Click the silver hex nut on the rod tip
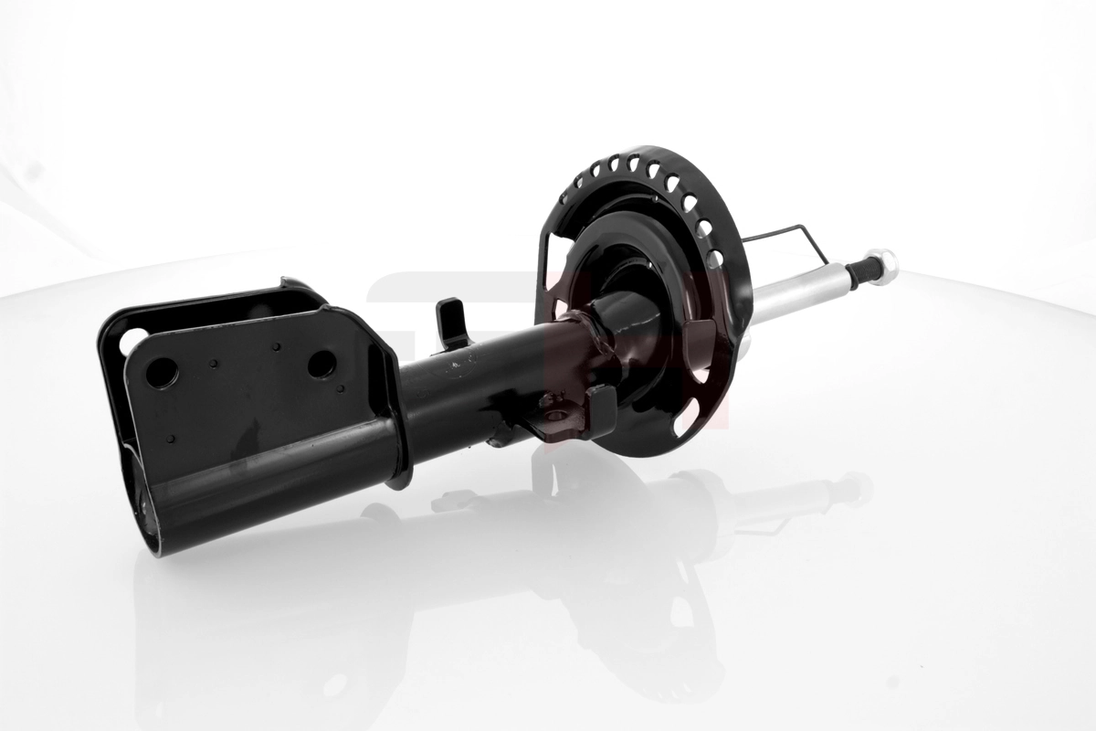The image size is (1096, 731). pyautogui.click(x=882, y=266)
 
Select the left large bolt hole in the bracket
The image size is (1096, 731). pyautogui.click(x=162, y=372)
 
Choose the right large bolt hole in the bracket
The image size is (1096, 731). pyautogui.click(x=321, y=364)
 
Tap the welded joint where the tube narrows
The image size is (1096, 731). pyautogui.click(x=585, y=338)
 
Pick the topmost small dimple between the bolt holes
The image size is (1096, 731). pyautogui.click(x=276, y=347)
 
